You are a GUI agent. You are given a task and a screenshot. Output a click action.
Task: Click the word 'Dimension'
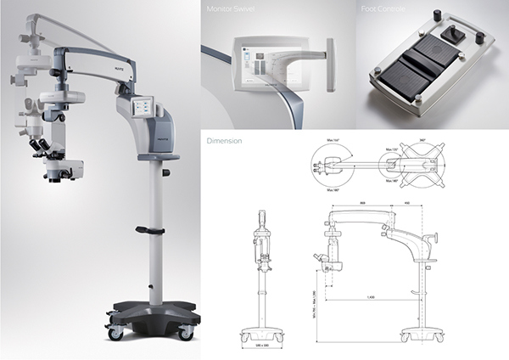223,141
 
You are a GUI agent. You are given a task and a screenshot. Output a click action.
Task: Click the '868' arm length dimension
363,203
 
